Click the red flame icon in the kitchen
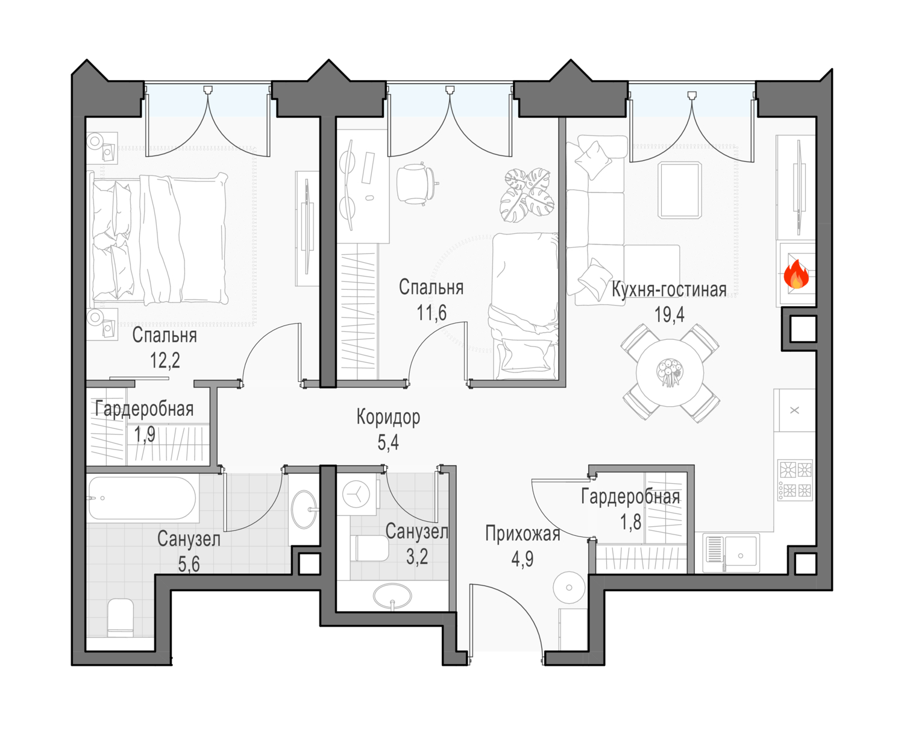tap(796, 274)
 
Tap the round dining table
tap(670, 372)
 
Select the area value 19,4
tap(669, 315)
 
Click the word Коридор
tap(388, 417)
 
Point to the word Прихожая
tap(523, 534)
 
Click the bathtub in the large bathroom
tap(142, 498)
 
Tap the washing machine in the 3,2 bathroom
tap(357, 494)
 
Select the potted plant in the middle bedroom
tap(527, 195)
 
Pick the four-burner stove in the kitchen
tap(796, 480)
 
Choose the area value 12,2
tap(165, 360)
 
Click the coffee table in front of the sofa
tap(680, 190)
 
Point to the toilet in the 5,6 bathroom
tap(121, 618)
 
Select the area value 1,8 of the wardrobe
tap(631, 522)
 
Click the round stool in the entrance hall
tap(569, 588)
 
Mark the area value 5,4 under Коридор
tap(388, 442)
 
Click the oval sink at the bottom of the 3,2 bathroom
tap(392, 596)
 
